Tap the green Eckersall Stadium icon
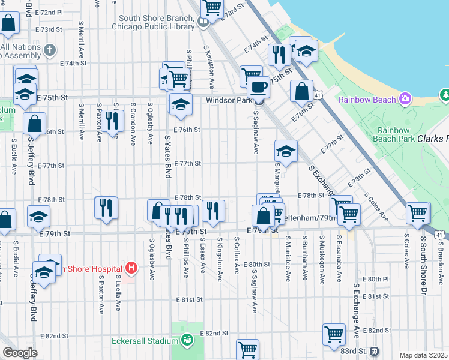pyautogui.click(x=187, y=341)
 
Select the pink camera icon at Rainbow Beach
pyautogui.click(x=406, y=98)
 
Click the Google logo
pyautogui.click(x=20, y=353)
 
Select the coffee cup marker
pyautogui.click(x=259, y=86)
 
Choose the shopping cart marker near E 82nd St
pyautogui.click(x=334, y=334)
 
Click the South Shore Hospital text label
pyautogui.click(x=90, y=268)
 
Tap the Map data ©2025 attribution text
pyautogui.click(x=423, y=355)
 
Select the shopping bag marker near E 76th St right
pyautogui.click(x=302, y=91)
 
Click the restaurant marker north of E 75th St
pyautogui.click(x=278, y=55)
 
